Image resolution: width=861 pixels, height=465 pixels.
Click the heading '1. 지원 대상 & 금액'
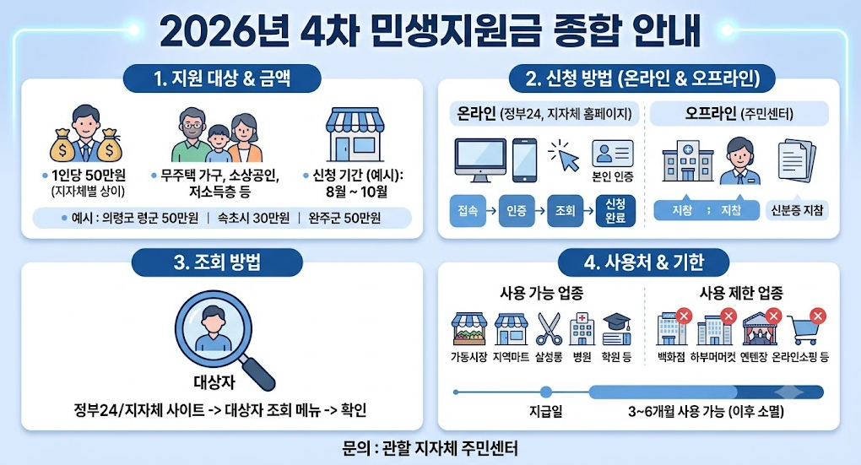pyautogui.click(x=222, y=78)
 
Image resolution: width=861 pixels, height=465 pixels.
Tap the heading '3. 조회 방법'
pyautogui.click(x=217, y=262)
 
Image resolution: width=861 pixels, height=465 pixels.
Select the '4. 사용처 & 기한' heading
pyautogui.click(x=643, y=262)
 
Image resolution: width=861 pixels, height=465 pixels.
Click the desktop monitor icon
pyautogui.click(x=480, y=160)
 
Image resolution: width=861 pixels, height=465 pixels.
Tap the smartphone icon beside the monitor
pyautogui.click(x=524, y=160)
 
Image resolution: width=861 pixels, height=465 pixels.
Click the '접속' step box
pyautogui.click(x=468, y=210)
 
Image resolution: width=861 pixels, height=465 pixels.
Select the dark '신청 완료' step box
pyautogui.click(x=615, y=210)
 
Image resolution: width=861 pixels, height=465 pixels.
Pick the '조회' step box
pyautogui.click(x=565, y=210)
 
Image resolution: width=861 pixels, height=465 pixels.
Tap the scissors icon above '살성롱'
pyautogui.click(x=550, y=328)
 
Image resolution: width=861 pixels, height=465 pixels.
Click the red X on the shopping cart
pyautogui.click(x=818, y=316)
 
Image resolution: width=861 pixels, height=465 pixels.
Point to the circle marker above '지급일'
pyautogui.click(x=546, y=392)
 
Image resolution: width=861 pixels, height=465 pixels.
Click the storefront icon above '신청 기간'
pyautogui.click(x=355, y=134)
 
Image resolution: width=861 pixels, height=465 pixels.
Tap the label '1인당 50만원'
pyautogui.click(x=89, y=176)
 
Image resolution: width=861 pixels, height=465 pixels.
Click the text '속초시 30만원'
pyautogui.click(x=254, y=218)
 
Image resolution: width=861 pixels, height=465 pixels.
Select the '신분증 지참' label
pyautogui.click(x=798, y=210)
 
